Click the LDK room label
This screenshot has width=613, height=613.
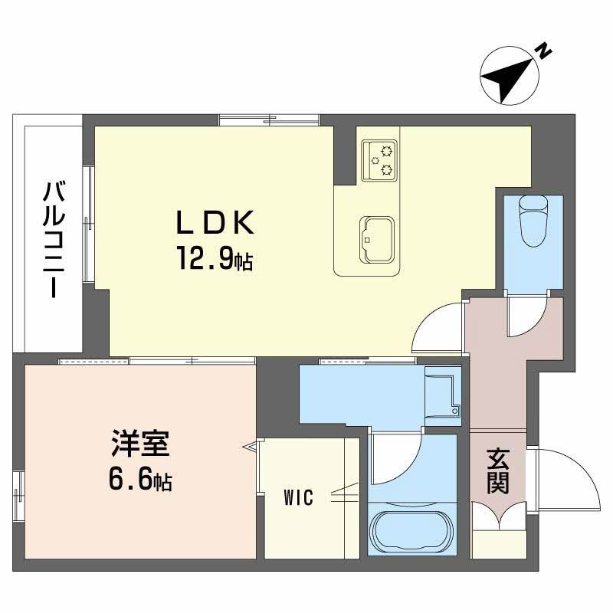pyautogui.click(x=215, y=224)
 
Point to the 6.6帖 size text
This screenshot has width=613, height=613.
pyautogui.click(x=140, y=481)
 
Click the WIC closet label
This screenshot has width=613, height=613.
pyautogui.click(x=298, y=498)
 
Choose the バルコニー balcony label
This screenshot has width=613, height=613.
pyautogui.click(x=53, y=239)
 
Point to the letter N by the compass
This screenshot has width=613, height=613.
pyautogui.click(x=543, y=52)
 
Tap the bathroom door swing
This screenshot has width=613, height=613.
pyautogui.click(x=395, y=458)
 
